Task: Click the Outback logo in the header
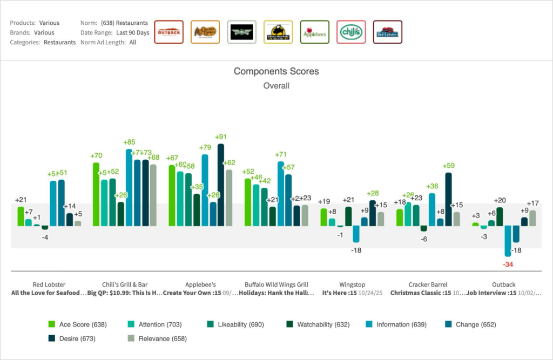point(168,32)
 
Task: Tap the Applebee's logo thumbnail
point(314,32)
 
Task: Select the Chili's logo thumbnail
point(351,32)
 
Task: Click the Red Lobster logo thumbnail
point(387,32)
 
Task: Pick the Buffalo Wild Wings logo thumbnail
point(278,32)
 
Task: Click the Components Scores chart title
point(276,71)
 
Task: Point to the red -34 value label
point(508,264)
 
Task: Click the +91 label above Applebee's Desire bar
point(220,137)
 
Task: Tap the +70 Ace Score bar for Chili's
point(96,194)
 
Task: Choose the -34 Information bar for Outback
point(508,241)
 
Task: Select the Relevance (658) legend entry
point(157,338)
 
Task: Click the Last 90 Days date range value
point(132,33)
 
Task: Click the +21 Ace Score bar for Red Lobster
point(21,216)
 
